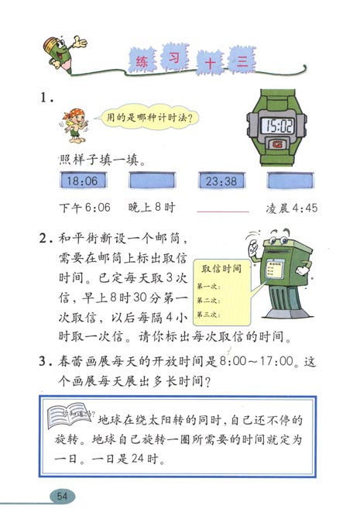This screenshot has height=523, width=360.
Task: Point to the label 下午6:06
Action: [x=86, y=208]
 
